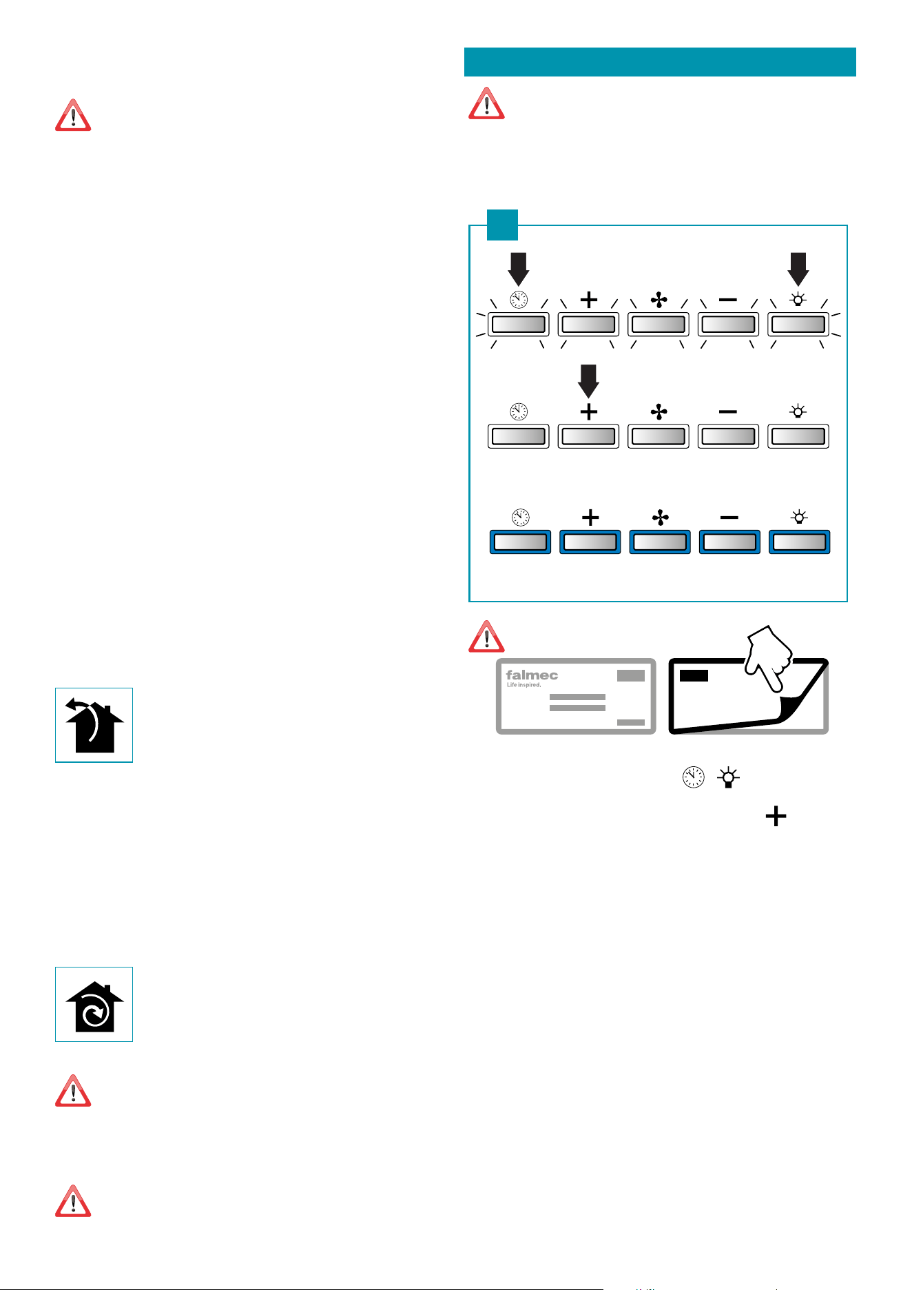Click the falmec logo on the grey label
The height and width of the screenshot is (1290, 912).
point(532,675)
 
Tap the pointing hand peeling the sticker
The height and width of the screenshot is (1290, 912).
point(771,656)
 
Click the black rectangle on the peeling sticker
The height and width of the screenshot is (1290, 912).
point(694,675)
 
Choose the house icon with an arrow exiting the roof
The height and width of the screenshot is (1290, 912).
point(94,725)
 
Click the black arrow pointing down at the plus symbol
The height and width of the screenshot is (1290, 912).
point(588,381)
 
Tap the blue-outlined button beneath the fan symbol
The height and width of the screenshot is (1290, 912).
point(660,542)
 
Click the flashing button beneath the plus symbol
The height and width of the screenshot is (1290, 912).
point(588,324)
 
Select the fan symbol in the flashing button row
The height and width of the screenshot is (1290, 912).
point(659,300)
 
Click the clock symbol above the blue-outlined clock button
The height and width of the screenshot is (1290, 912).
point(520,518)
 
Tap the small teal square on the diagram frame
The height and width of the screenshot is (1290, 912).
point(502,225)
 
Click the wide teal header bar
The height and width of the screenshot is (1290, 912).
point(660,62)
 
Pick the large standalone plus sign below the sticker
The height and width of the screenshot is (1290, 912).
point(776,817)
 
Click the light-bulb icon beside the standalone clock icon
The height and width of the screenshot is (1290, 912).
point(728,778)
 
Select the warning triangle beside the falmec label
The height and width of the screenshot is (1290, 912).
point(486,636)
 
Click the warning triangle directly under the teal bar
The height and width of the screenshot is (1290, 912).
point(486,103)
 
